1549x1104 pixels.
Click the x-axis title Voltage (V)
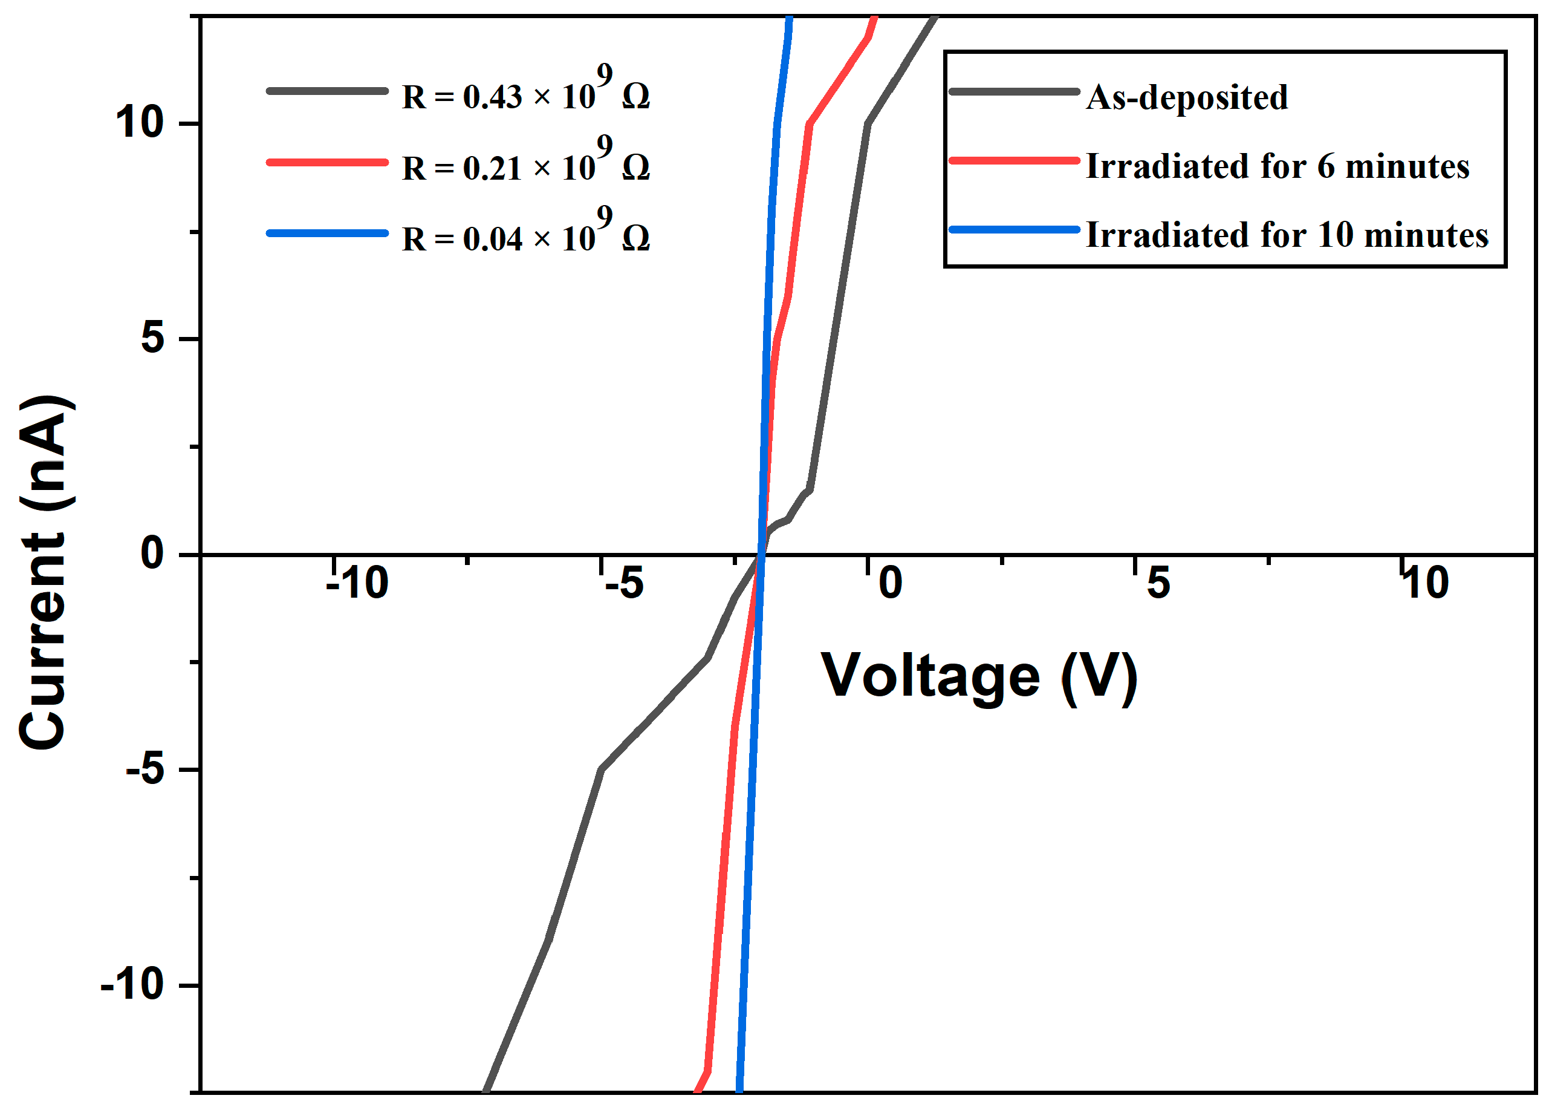coord(979,676)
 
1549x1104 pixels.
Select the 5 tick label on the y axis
coord(153,338)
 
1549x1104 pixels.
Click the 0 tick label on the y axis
coord(153,554)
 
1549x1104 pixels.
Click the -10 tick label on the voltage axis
coord(357,583)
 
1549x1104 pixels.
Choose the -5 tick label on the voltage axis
coord(625,583)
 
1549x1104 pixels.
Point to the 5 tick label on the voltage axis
coord(1158,583)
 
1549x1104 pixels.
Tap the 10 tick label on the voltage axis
coord(1425,583)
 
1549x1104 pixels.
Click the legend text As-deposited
coord(1187,97)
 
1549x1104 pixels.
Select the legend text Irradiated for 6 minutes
coord(1278,166)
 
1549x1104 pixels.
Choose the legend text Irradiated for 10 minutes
coord(1287,235)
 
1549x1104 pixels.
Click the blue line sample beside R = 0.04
coord(328,233)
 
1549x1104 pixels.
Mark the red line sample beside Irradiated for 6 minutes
coord(1015,161)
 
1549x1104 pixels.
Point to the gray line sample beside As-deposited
coord(1015,92)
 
